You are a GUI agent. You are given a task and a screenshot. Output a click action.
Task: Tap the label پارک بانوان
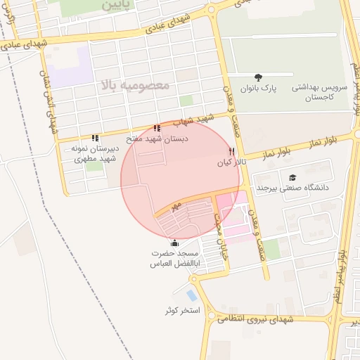(259, 89)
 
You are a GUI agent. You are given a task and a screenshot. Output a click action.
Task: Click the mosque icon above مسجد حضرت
(174, 243)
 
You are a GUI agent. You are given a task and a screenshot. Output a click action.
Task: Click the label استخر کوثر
(181, 310)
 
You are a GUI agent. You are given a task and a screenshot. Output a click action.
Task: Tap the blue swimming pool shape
(192, 295)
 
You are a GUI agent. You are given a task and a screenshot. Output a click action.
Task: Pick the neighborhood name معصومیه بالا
(135, 86)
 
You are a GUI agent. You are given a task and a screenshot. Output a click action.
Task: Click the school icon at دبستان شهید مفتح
(156, 129)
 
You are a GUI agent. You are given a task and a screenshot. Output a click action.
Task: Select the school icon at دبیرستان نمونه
(95, 138)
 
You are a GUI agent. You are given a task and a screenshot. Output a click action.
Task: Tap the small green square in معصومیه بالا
(186, 101)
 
